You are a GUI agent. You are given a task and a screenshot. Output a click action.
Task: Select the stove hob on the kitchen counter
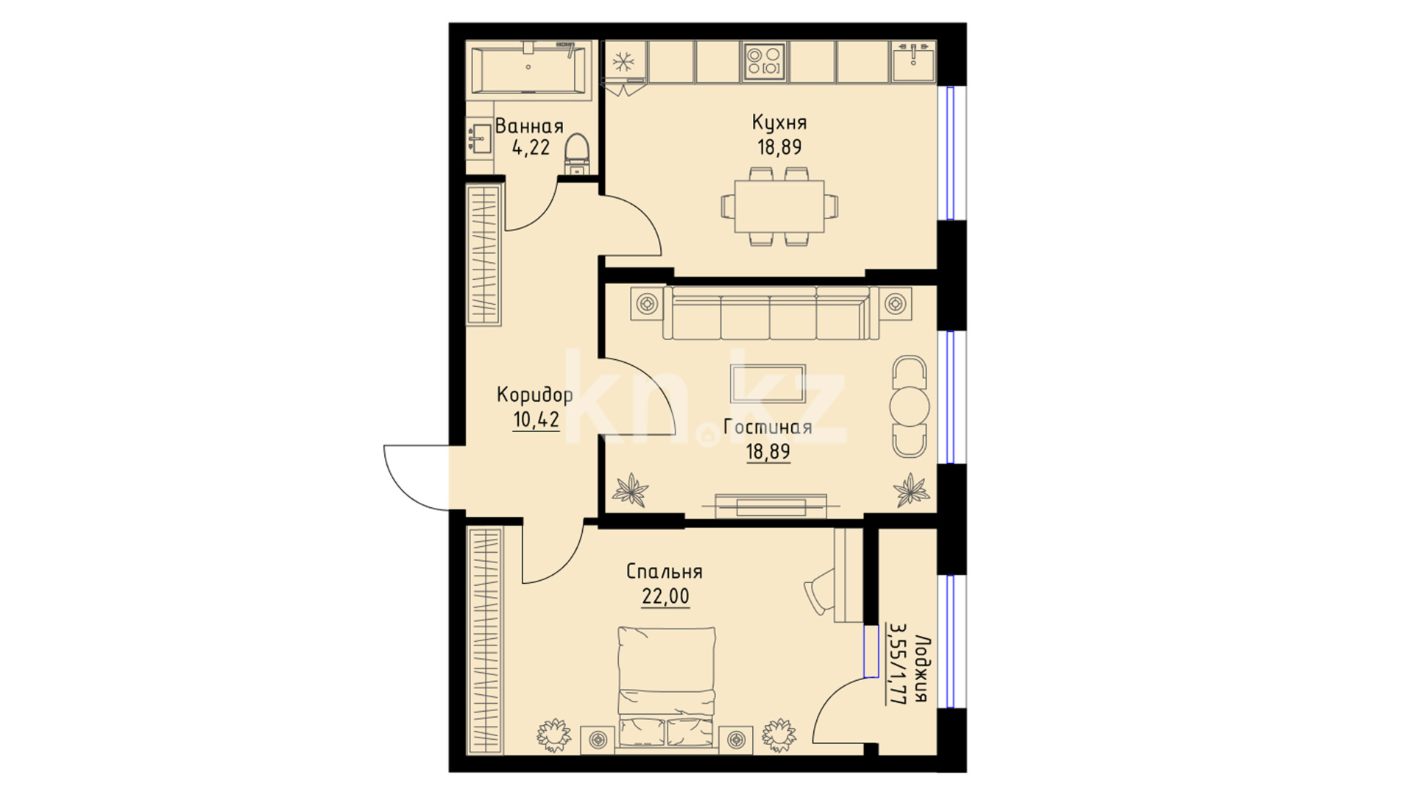tap(765, 62)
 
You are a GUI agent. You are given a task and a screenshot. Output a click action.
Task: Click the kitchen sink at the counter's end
tap(913, 62)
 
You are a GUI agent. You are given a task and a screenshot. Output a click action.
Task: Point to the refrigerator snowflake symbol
tap(624, 62)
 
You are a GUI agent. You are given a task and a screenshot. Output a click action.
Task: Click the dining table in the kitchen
tap(779, 205)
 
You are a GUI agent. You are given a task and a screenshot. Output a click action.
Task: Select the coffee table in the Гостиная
tap(768, 383)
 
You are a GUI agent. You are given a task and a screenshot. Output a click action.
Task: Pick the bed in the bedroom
tap(667, 688)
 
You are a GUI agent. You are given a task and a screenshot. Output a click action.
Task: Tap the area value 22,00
tap(665, 596)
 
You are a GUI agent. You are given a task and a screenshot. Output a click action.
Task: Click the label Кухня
tap(779, 122)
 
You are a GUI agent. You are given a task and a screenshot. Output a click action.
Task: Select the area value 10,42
tap(536, 420)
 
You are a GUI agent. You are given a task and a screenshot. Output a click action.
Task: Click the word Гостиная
tap(768, 427)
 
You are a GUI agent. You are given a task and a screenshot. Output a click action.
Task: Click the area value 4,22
tap(531, 147)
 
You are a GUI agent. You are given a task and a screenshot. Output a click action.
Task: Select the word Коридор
tap(535, 395)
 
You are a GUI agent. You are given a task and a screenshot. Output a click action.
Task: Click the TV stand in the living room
tap(771, 506)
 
